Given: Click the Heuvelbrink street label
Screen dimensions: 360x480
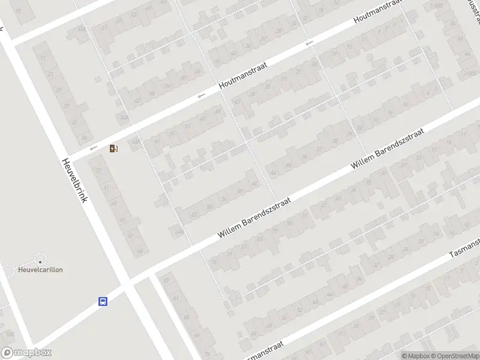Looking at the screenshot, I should [74, 180].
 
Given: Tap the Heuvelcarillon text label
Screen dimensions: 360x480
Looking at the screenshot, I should [40, 270].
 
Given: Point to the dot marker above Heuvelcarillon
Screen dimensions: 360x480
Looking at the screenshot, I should [40, 260].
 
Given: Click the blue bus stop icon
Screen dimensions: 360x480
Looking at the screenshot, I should [103, 301].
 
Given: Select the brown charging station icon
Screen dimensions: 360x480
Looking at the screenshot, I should [113, 148].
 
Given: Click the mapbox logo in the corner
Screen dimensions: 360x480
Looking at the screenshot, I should [26, 353].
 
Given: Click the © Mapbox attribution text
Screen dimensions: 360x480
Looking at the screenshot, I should [416, 356].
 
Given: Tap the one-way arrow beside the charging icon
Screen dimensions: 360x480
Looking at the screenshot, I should [93, 148].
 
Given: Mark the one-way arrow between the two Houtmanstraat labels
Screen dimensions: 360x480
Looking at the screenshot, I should [309, 43].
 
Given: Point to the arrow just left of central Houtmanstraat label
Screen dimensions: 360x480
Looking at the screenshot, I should [202, 95].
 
